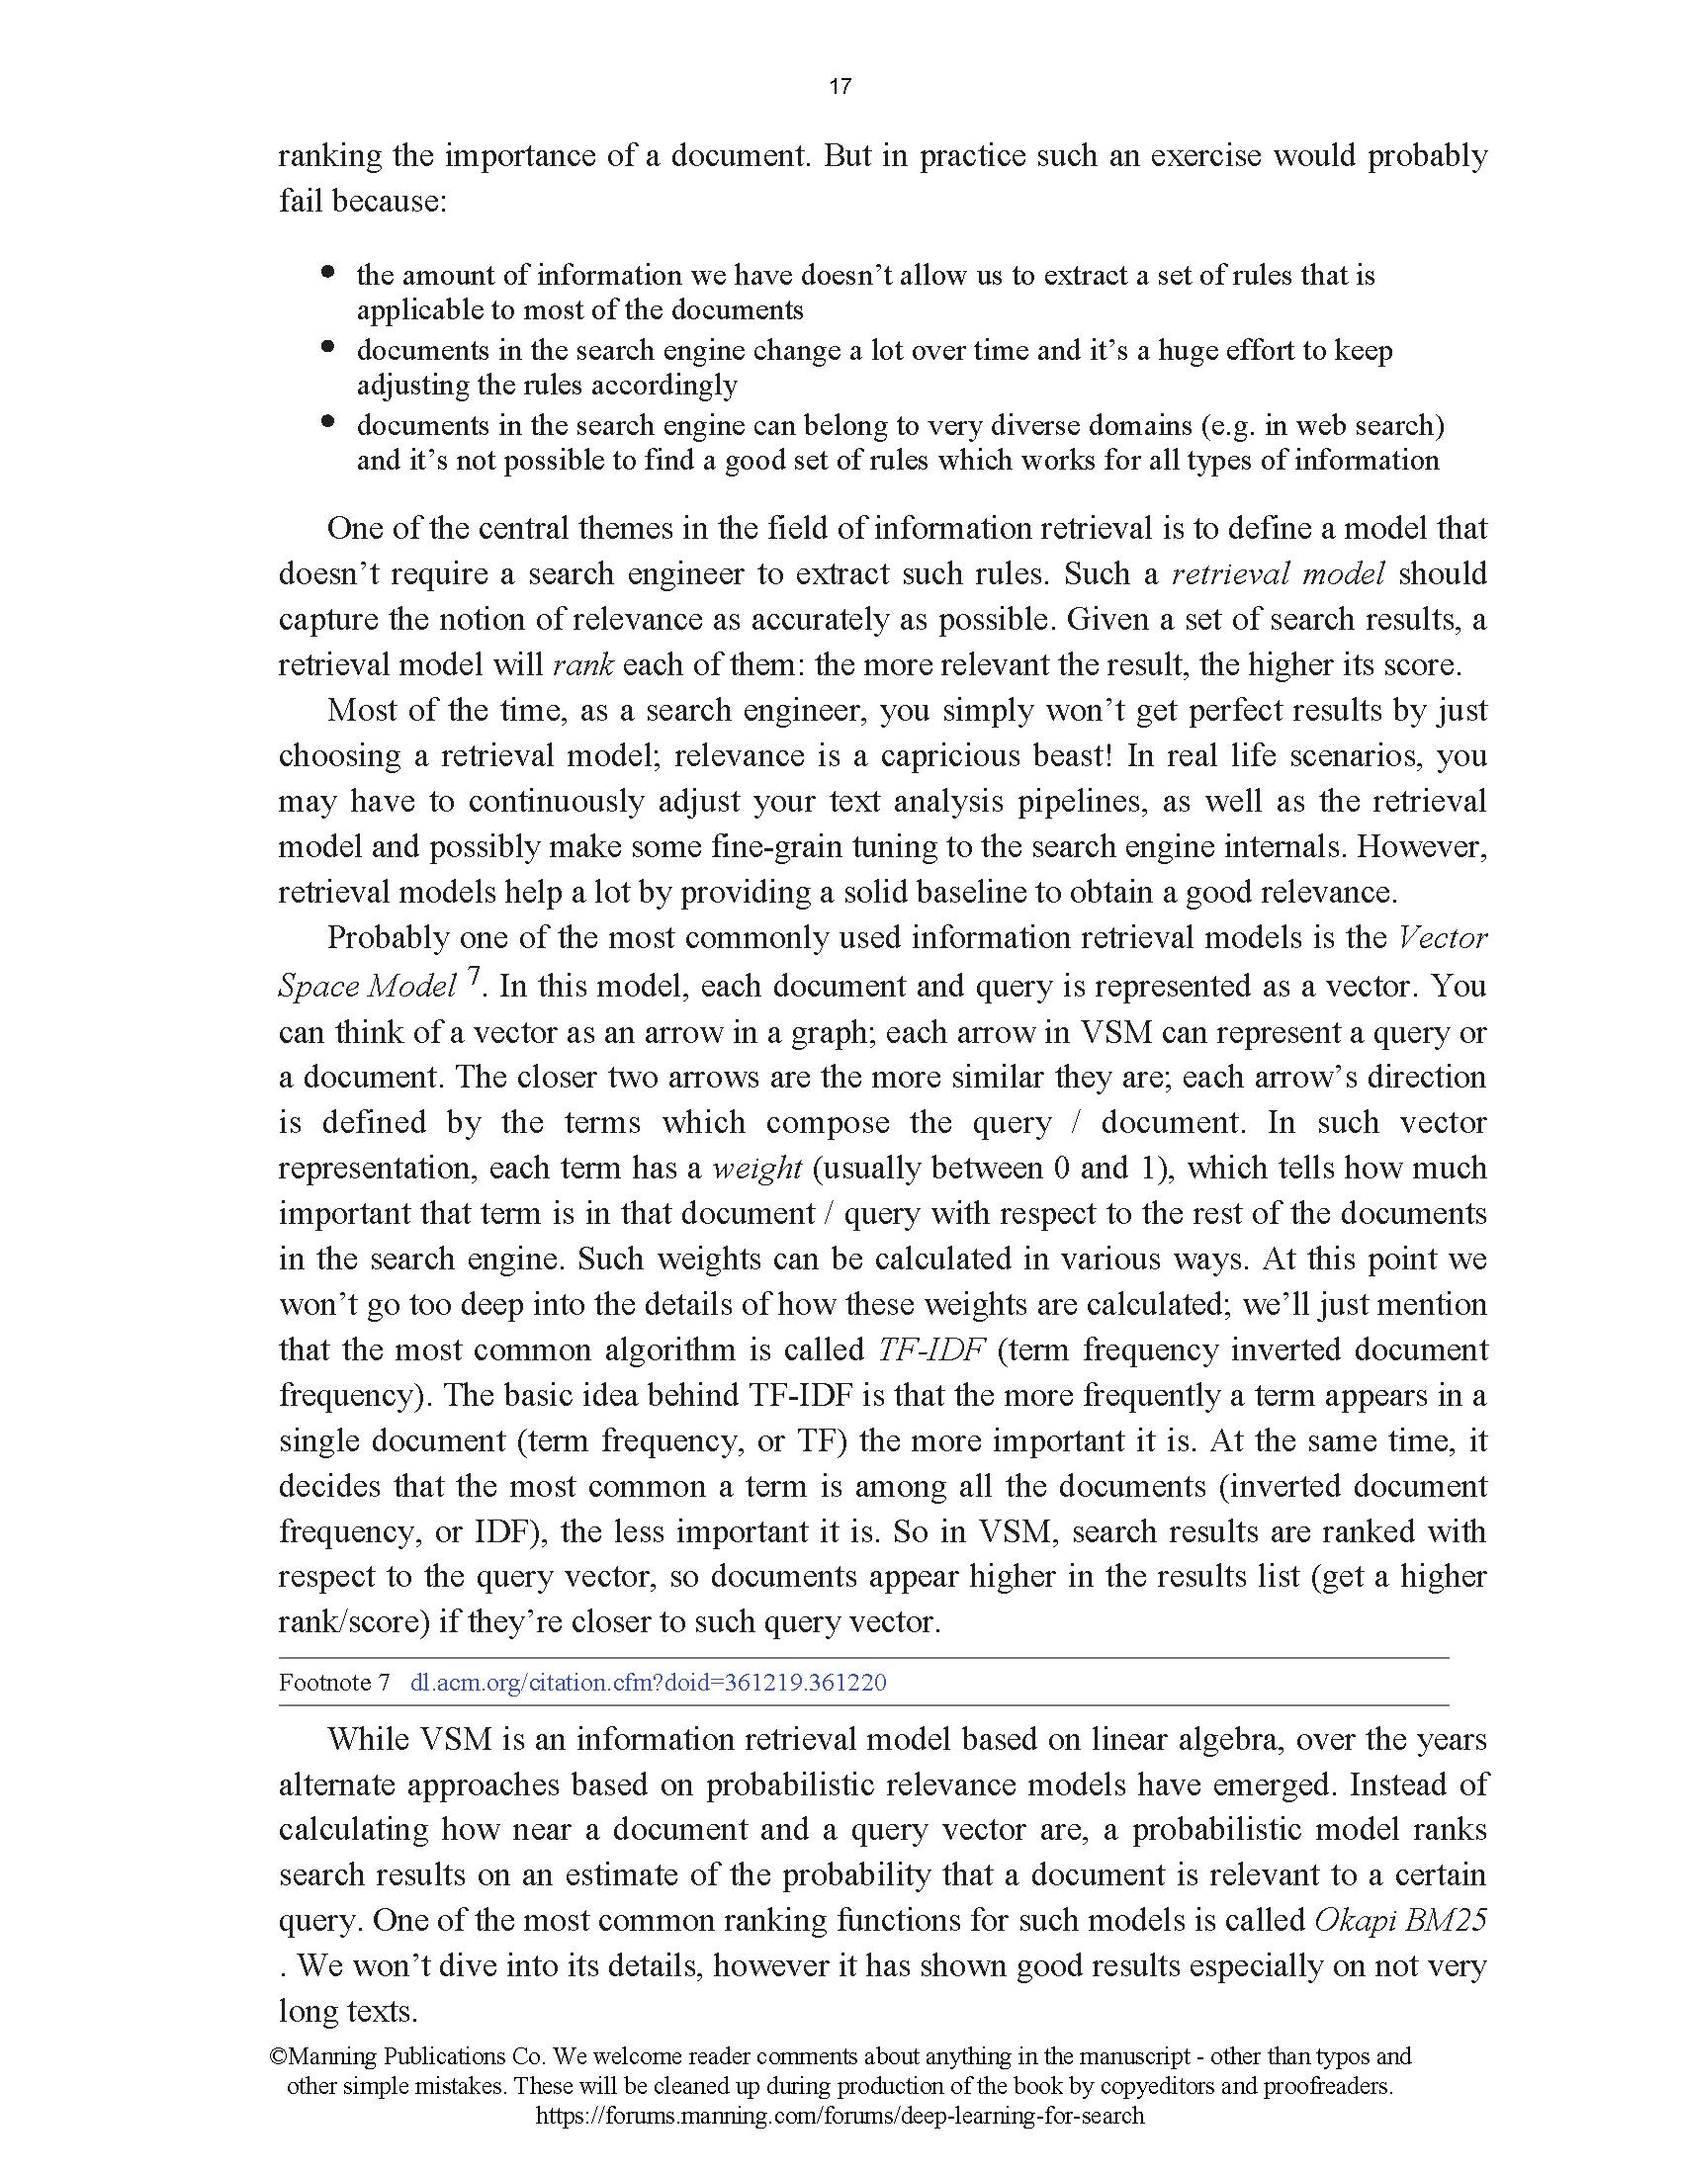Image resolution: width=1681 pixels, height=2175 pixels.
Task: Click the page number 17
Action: pos(840,87)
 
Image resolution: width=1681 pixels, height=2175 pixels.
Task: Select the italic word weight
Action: pos(756,1169)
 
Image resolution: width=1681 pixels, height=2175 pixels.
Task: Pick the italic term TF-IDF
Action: pos(931,1350)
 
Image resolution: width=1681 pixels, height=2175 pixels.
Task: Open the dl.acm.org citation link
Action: pos(649,1683)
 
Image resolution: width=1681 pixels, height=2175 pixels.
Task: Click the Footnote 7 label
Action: pos(333,1683)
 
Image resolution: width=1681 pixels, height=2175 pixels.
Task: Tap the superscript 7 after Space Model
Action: pos(474,980)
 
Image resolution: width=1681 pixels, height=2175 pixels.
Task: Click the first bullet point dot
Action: pos(328,271)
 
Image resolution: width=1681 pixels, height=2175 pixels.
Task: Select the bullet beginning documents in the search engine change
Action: pos(328,347)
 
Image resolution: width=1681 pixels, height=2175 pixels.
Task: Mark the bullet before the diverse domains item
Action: pos(328,421)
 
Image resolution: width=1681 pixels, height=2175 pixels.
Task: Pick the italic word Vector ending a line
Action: pos(1442,938)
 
